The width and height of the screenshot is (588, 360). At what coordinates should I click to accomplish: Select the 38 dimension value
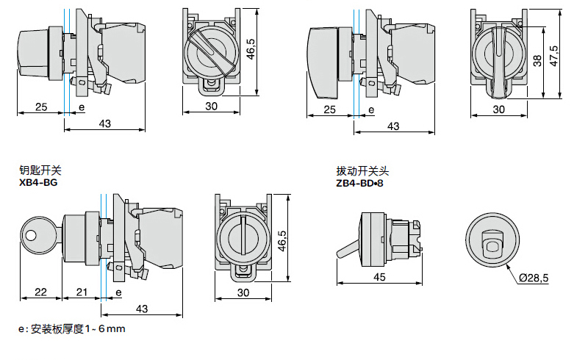(537, 62)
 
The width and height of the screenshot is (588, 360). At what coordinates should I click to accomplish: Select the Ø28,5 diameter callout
(534, 278)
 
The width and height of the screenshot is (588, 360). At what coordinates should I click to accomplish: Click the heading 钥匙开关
(37, 170)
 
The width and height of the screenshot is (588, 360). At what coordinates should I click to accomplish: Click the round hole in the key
(30, 236)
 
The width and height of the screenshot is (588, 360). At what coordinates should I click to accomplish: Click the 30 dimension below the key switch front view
(244, 292)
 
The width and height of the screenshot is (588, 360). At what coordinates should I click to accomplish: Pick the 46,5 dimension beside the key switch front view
(282, 240)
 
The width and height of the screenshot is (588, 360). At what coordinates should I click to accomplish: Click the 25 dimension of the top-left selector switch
(41, 107)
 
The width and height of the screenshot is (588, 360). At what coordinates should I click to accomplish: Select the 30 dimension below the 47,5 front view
(498, 109)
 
